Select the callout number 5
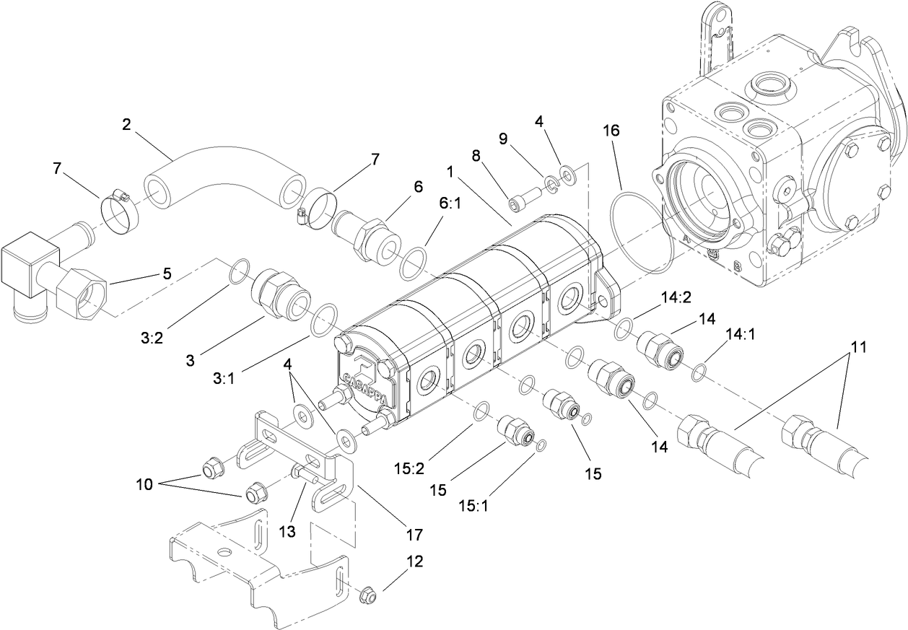pos(167,274)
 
